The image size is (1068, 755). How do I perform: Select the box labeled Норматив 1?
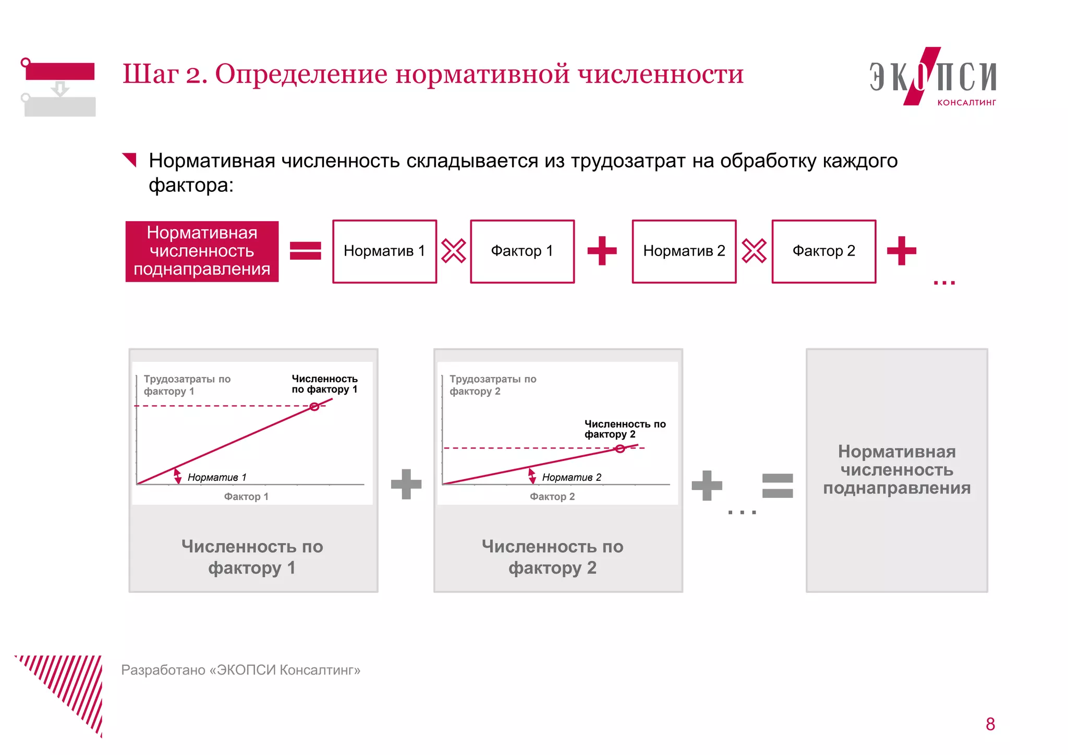(x=384, y=251)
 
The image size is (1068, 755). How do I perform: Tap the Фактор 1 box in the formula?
(x=522, y=251)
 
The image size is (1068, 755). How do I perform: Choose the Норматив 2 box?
(x=684, y=251)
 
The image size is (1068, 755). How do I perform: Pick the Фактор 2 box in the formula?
(x=823, y=251)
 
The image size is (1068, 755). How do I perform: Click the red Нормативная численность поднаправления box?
(x=202, y=251)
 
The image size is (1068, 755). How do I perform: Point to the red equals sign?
(x=305, y=251)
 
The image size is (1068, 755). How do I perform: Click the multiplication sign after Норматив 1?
(x=454, y=251)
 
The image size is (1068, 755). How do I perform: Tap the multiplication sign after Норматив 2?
(x=754, y=251)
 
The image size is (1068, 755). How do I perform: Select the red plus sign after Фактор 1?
(x=602, y=251)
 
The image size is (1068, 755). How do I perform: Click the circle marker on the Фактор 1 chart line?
(x=314, y=407)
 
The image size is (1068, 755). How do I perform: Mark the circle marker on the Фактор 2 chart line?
(x=620, y=449)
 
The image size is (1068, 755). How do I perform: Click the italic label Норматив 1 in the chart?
(x=217, y=477)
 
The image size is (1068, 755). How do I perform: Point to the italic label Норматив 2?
(x=572, y=477)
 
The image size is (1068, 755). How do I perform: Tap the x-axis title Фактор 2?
(x=552, y=496)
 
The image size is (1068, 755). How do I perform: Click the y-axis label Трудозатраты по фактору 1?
(x=187, y=385)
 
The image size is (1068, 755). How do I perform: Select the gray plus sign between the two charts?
(x=406, y=484)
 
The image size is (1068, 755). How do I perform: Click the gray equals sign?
(x=778, y=485)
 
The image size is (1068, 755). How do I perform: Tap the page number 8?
(x=990, y=724)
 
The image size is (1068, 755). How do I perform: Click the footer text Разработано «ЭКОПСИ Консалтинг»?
(x=241, y=670)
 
